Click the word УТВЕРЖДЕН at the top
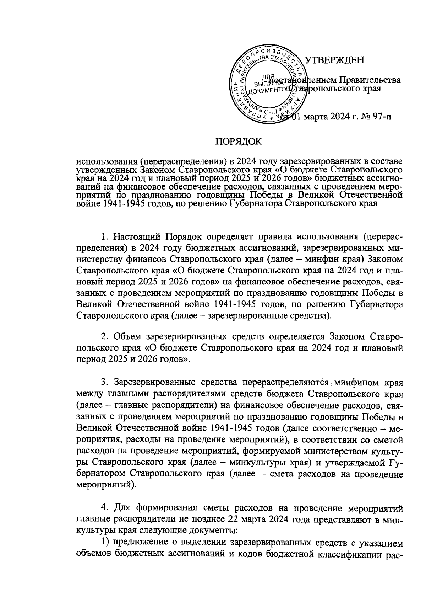click(x=334, y=60)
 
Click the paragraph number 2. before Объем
click(x=104, y=336)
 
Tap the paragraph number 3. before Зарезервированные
click(x=104, y=382)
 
